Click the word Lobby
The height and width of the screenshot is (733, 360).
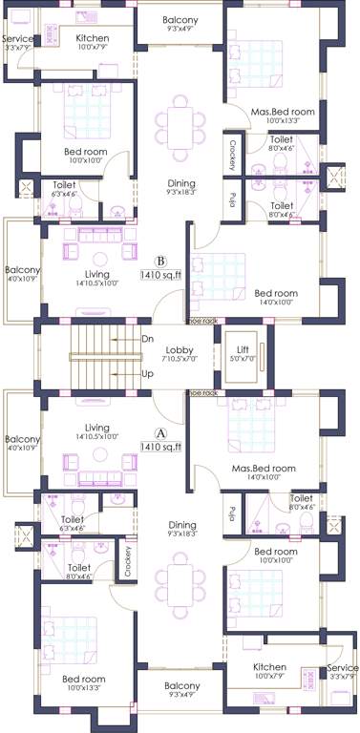(x=180, y=350)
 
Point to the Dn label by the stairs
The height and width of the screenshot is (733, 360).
(x=147, y=339)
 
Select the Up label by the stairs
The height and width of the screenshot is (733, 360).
(x=147, y=373)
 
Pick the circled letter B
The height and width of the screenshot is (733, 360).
(x=161, y=259)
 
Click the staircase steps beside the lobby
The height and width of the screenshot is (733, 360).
(x=99, y=356)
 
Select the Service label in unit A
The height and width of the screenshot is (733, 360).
(x=342, y=668)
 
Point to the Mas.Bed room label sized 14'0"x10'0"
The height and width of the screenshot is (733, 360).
(x=264, y=469)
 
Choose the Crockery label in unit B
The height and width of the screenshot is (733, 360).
(x=232, y=153)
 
